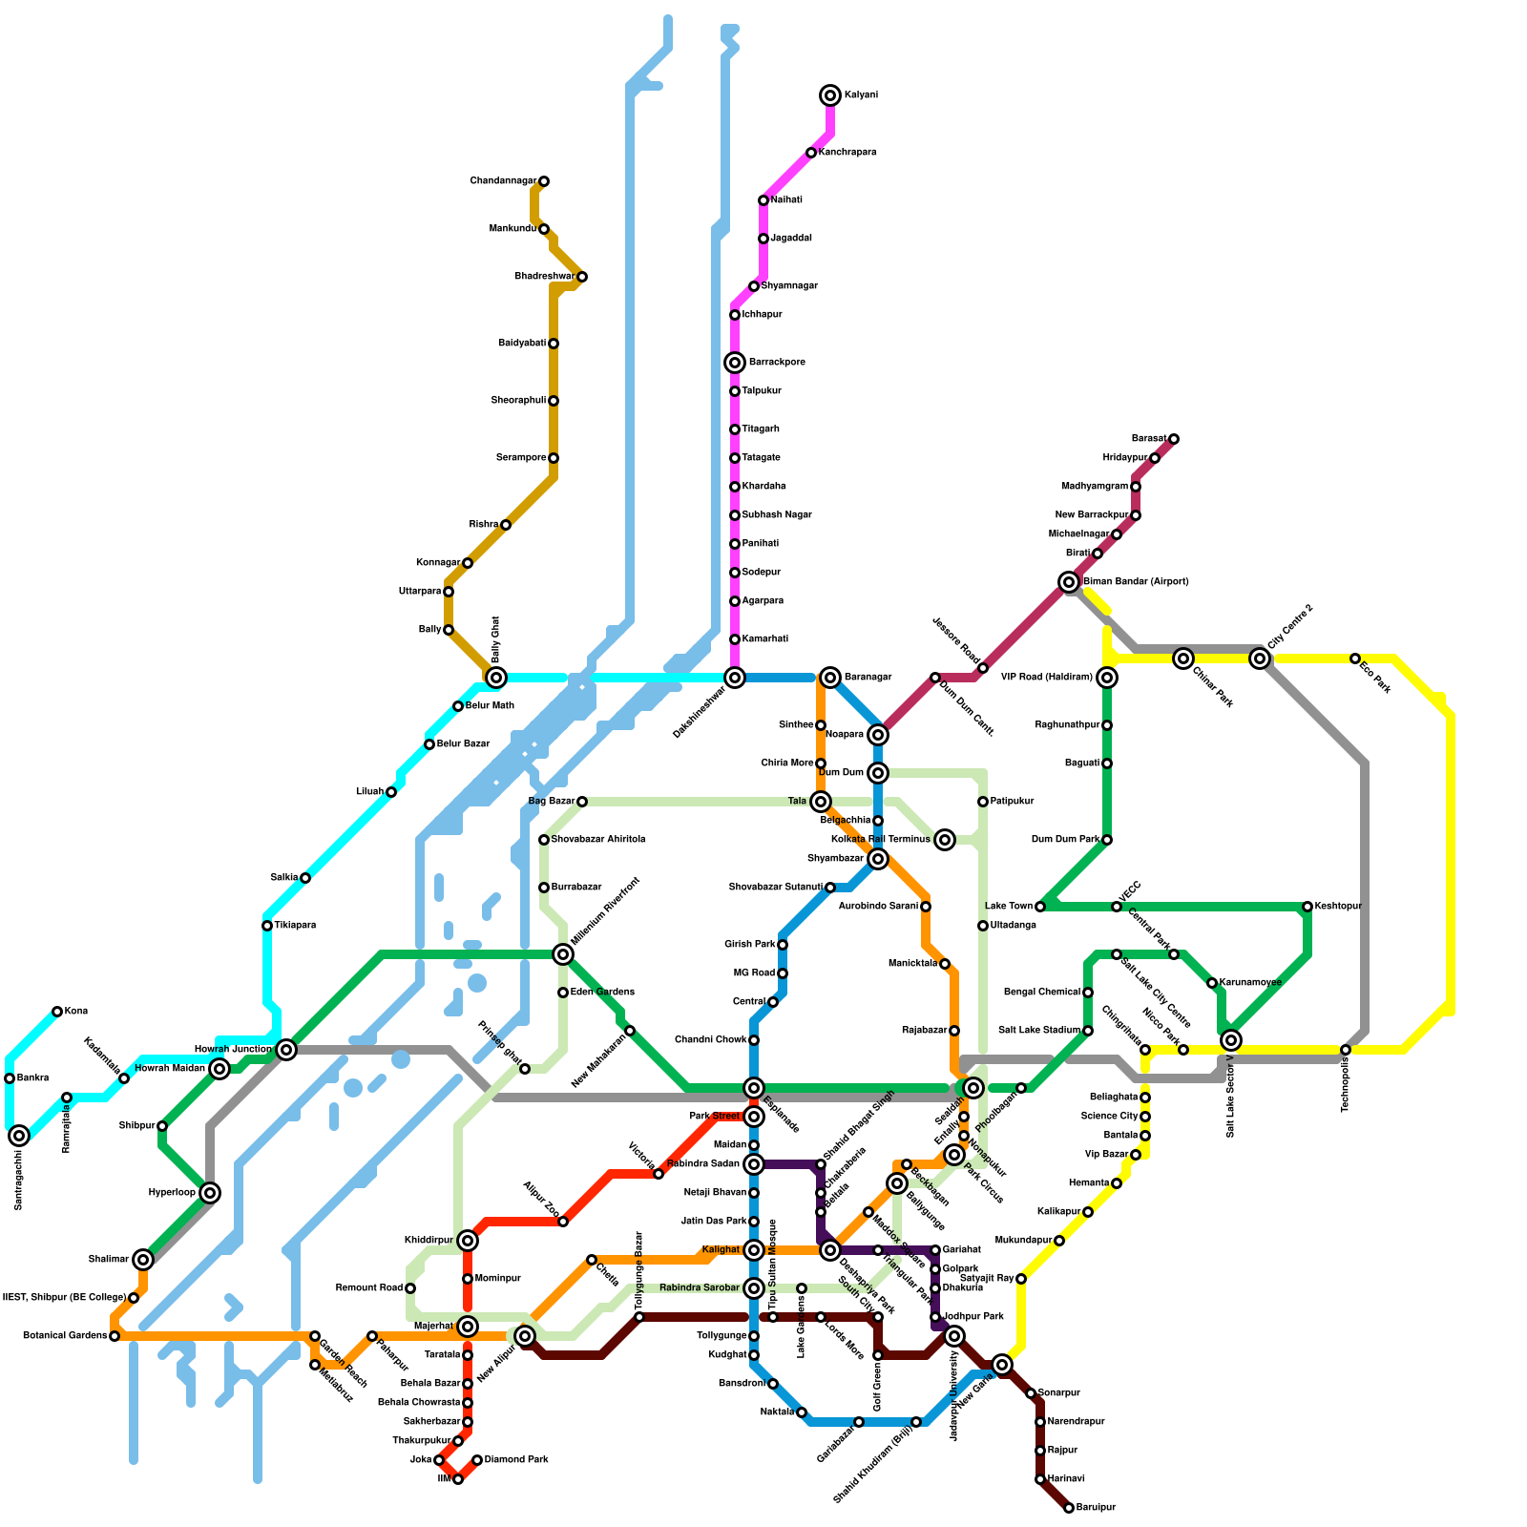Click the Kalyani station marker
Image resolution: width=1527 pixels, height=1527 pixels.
pyautogui.click(x=830, y=95)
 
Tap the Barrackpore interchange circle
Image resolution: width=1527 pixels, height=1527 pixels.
pyautogui.click(x=735, y=363)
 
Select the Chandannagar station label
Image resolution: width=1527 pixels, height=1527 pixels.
pyautogui.click(x=503, y=181)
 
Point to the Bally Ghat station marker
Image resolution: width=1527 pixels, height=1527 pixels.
pyautogui.click(x=496, y=678)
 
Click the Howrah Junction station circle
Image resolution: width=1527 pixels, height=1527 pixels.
pyautogui.click(x=286, y=1050)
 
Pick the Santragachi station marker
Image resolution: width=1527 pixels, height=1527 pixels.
pyautogui.click(x=19, y=1136)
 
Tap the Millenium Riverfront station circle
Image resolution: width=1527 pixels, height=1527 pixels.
pyautogui.click(x=563, y=954)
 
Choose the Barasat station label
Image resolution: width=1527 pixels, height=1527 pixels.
pyautogui.click(x=1149, y=439)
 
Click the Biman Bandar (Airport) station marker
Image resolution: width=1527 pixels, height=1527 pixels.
pyautogui.click(x=1069, y=582)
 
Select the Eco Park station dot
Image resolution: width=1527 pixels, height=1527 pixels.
pyautogui.click(x=1355, y=659)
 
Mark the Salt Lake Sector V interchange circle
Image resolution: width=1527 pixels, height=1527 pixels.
pyautogui.click(x=1231, y=1040)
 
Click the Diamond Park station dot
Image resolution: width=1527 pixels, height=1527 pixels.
pyautogui.click(x=477, y=1460)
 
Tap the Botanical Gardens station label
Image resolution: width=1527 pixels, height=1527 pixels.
pyautogui.click(x=65, y=1336)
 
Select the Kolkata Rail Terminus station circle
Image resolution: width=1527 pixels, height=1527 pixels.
pyautogui.click(x=945, y=840)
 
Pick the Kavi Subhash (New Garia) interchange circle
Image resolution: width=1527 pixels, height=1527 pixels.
pyautogui.click(x=1002, y=1365)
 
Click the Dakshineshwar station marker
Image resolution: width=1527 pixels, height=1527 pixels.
pyautogui.click(x=735, y=678)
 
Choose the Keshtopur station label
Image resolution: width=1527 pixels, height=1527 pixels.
pyautogui.click(x=1337, y=907)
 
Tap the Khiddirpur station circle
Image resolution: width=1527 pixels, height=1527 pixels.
pyautogui.click(x=468, y=1241)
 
